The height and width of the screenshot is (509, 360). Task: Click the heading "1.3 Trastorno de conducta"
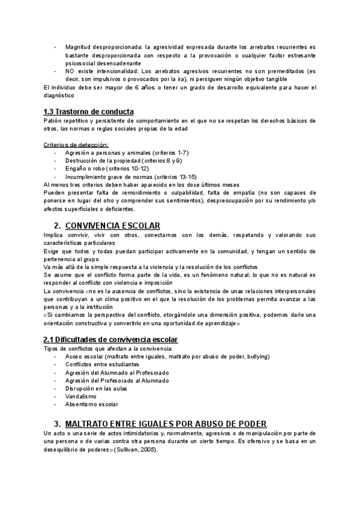coord(88,112)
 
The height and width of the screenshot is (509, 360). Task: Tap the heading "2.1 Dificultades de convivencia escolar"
coord(111,340)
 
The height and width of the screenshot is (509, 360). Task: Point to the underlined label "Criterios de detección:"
coord(76,145)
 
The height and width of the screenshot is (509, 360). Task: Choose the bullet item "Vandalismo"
coord(81,396)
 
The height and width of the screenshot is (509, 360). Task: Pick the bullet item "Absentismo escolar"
coord(92,405)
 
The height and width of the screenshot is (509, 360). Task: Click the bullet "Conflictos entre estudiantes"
coord(102,364)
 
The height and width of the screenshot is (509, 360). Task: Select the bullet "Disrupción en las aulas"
coord(95,388)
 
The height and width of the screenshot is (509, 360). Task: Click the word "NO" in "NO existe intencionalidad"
coord(70,71)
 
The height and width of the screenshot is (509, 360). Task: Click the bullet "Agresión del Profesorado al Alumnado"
coord(118,381)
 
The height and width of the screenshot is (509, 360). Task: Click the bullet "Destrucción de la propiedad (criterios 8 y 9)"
coord(124,161)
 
